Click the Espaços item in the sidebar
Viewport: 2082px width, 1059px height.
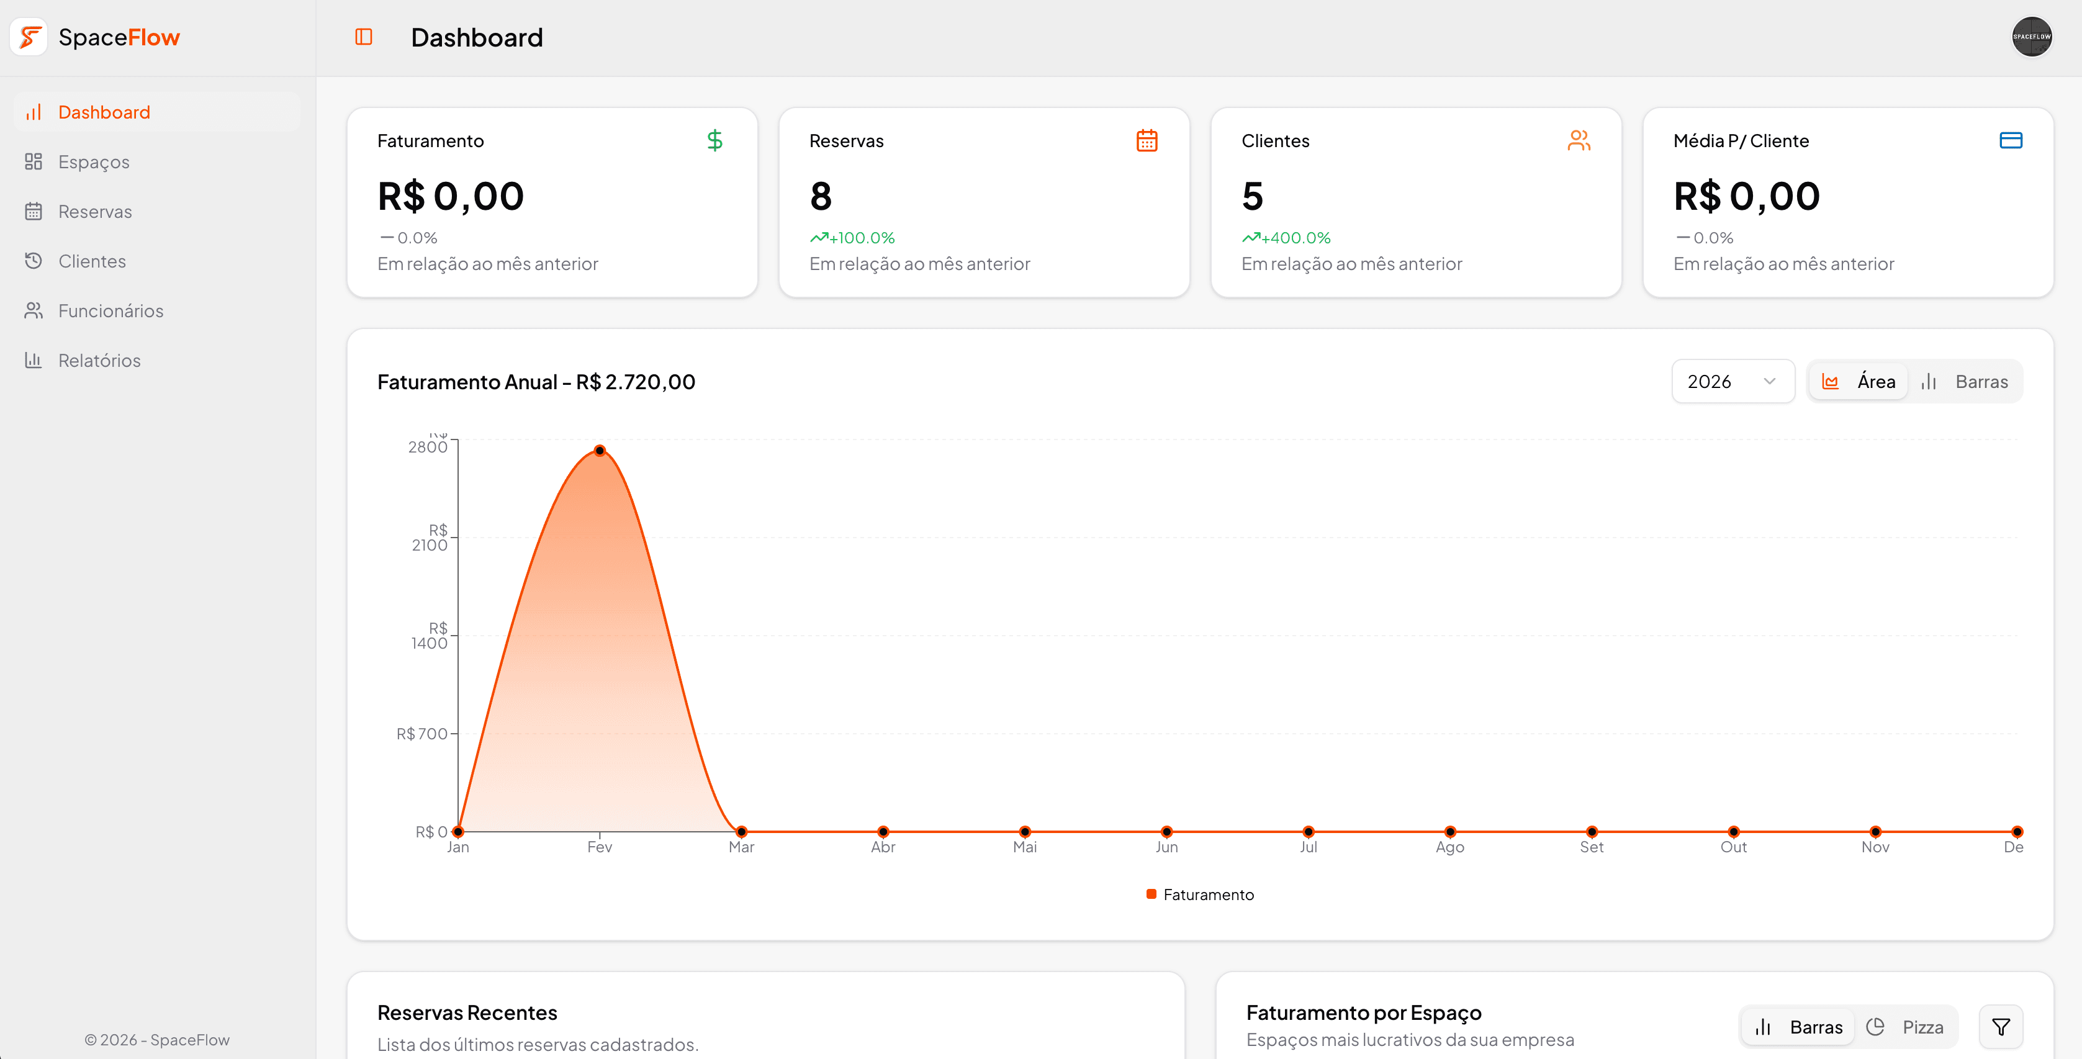pyautogui.click(x=93, y=161)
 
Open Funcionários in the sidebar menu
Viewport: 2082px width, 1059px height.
pyautogui.click(x=110, y=311)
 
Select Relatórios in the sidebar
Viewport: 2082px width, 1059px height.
pyautogui.click(x=99, y=361)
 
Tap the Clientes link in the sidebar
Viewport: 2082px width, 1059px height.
pyautogui.click(x=91, y=261)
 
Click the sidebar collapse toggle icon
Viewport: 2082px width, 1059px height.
pyautogui.click(x=364, y=37)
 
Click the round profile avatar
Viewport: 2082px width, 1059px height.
pyautogui.click(x=2031, y=37)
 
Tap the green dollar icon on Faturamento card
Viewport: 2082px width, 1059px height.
pyautogui.click(x=714, y=141)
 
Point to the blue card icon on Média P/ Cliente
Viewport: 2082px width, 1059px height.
pyautogui.click(x=2011, y=141)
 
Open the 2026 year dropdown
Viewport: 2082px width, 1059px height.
pyautogui.click(x=1732, y=382)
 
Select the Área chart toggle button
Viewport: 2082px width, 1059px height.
pyautogui.click(x=1859, y=382)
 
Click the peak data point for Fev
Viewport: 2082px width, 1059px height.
pyautogui.click(x=600, y=450)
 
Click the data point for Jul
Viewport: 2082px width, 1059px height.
pyautogui.click(x=1309, y=832)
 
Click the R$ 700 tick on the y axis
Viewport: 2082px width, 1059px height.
pyautogui.click(x=422, y=734)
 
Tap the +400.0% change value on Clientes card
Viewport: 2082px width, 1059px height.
pyautogui.click(x=1296, y=238)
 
